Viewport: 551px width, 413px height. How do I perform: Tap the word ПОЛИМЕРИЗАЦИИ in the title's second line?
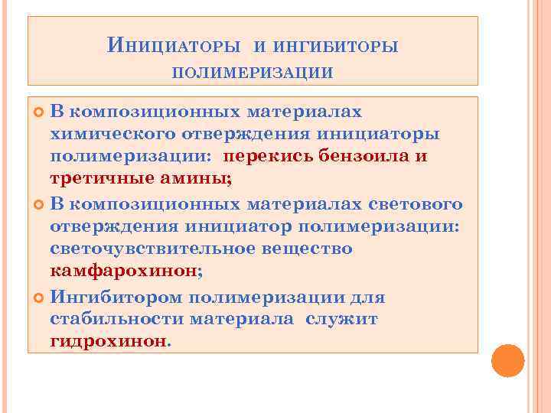[x=252, y=73]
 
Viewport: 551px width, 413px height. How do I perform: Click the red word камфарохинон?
[x=122, y=272]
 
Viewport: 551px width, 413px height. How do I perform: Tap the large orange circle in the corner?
[x=507, y=360]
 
